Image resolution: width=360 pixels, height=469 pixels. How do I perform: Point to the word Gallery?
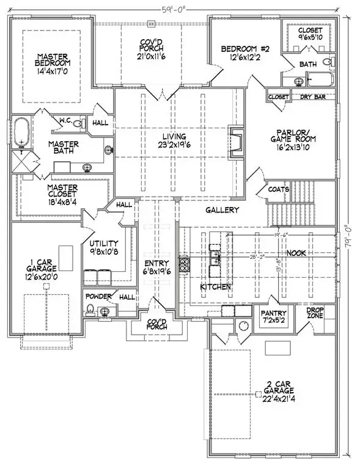tap(221, 210)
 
